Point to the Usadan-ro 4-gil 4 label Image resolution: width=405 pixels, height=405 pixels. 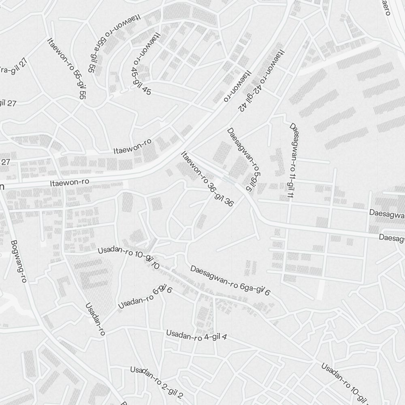click(196, 336)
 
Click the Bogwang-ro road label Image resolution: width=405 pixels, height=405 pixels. click(19, 261)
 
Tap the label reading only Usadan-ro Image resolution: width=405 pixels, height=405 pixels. click(96, 319)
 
